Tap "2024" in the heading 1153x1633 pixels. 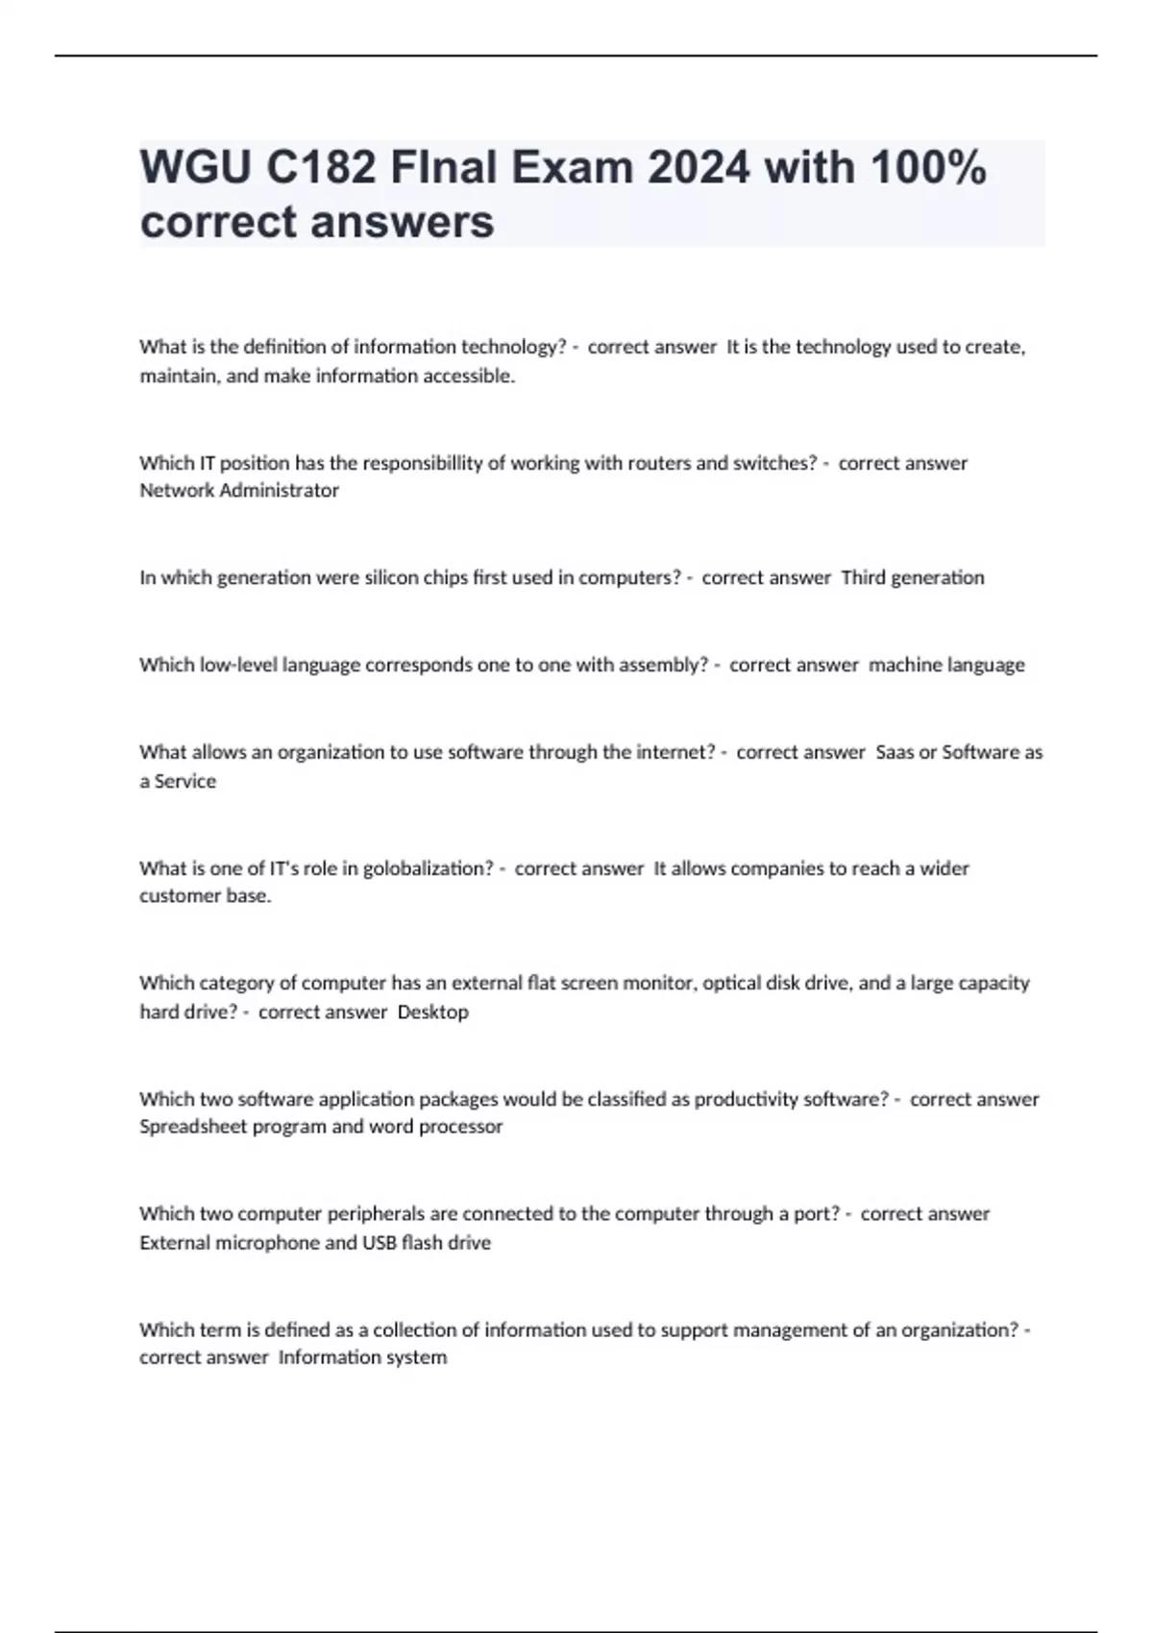pyautogui.click(x=698, y=168)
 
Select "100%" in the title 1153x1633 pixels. pyautogui.click(x=927, y=168)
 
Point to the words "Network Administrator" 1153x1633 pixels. pyautogui.click(x=239, y=491)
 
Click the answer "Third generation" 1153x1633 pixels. pyautogui.click(x=913, y=578)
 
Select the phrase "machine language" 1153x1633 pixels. pyautogui.click(x=946, y=666)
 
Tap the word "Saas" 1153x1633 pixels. pyautogui.click(x=895, y=752)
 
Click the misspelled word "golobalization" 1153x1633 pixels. pyautogui.click(x=428, y=868)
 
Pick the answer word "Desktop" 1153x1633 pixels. pyautogui.click(x=433, y=1012)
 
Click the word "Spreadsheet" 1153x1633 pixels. pyautogui.click(x=193, y=1127)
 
